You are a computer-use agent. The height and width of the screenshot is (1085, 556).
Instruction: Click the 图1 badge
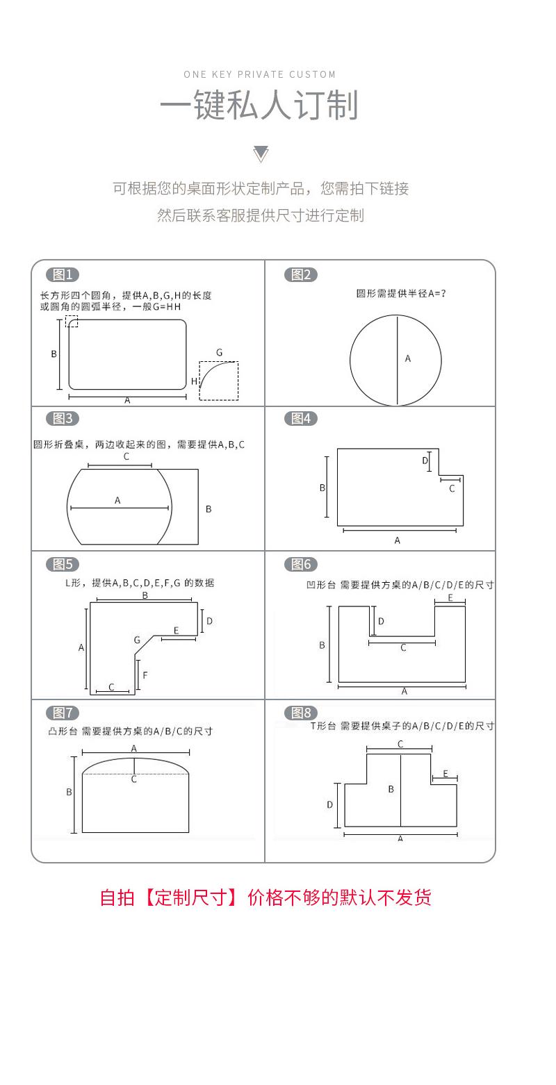pos(63,274)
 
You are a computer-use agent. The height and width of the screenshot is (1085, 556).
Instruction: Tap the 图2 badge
pos(301,274)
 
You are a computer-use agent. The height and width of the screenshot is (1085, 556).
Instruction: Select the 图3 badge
pos(63,418)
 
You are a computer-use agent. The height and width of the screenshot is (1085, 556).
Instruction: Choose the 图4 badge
pos(301,418)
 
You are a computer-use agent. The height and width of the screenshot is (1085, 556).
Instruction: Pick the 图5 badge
pos(63,564)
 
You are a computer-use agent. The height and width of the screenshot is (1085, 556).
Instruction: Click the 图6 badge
pos(301,564)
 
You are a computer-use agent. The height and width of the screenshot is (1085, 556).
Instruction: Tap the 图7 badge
pos(63,713)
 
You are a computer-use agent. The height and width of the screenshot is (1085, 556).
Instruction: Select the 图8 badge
pos(301,713)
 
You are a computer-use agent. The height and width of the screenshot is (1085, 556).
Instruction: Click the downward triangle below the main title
pos(261,154)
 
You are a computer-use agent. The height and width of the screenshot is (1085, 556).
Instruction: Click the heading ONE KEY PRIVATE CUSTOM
pos(260,74)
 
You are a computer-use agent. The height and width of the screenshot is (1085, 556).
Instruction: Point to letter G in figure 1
pos(219,353)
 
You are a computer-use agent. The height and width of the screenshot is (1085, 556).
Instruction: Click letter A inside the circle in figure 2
pos(408,358)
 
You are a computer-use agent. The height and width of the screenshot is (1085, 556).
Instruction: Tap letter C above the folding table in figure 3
pos(126,456)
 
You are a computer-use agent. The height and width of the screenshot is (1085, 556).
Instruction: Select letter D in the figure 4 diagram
pos(425,461)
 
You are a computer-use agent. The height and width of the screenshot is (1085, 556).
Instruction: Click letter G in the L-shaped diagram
pos(137,640)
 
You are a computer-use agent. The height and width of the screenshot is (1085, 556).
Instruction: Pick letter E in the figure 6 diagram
pos(450,597)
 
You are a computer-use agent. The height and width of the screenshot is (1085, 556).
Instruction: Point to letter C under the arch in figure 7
pos(134,779)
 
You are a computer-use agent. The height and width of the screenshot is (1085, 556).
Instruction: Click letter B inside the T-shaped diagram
pos(391,789)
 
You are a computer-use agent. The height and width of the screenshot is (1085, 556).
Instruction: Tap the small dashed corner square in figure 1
pos(72,321)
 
